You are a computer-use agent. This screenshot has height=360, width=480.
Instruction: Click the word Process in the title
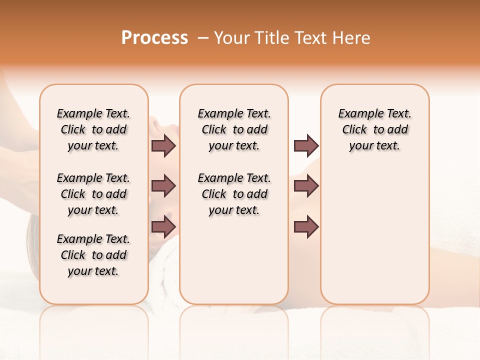point(154,37)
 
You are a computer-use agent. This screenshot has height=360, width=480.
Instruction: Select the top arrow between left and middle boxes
point(163,145)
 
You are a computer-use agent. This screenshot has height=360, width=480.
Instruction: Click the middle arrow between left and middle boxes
point(163,186)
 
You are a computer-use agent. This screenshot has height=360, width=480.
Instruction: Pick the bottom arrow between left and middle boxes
point(163,227)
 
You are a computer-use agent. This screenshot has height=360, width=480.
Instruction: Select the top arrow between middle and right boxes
point(306,145)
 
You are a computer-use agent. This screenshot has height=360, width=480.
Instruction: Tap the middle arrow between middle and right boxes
point(306,186)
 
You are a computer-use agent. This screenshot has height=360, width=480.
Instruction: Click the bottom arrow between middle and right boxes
point(306,227)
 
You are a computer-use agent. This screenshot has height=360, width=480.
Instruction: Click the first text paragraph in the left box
point(93,129)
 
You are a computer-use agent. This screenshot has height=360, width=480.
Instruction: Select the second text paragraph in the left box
point(93,194)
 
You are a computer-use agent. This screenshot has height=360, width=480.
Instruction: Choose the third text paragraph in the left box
point(93,255)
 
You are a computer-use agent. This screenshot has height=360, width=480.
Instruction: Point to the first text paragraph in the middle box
point(234,129)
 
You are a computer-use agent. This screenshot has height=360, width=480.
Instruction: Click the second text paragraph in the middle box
point(234,194)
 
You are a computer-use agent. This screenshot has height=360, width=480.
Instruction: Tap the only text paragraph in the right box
point(374,129)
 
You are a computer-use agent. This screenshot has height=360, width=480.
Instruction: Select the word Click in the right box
point(354,130)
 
